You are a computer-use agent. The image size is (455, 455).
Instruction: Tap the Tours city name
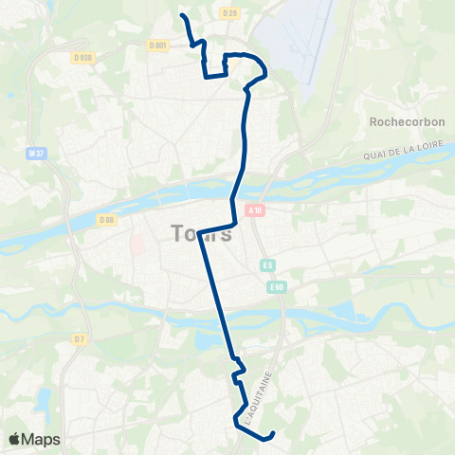pos(202,233)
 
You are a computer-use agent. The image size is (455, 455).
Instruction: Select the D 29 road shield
pos(227,13)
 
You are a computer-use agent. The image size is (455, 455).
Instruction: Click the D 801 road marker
pos(158,45)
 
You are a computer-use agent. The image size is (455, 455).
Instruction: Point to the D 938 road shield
pos(83,57)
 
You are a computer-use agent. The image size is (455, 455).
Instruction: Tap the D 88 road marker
pos(106,221)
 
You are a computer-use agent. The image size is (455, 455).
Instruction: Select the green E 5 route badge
pos(268,265)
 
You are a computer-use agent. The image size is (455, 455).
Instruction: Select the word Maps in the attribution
pos(43,439)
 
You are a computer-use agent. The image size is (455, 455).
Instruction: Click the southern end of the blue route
pos(272,434)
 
